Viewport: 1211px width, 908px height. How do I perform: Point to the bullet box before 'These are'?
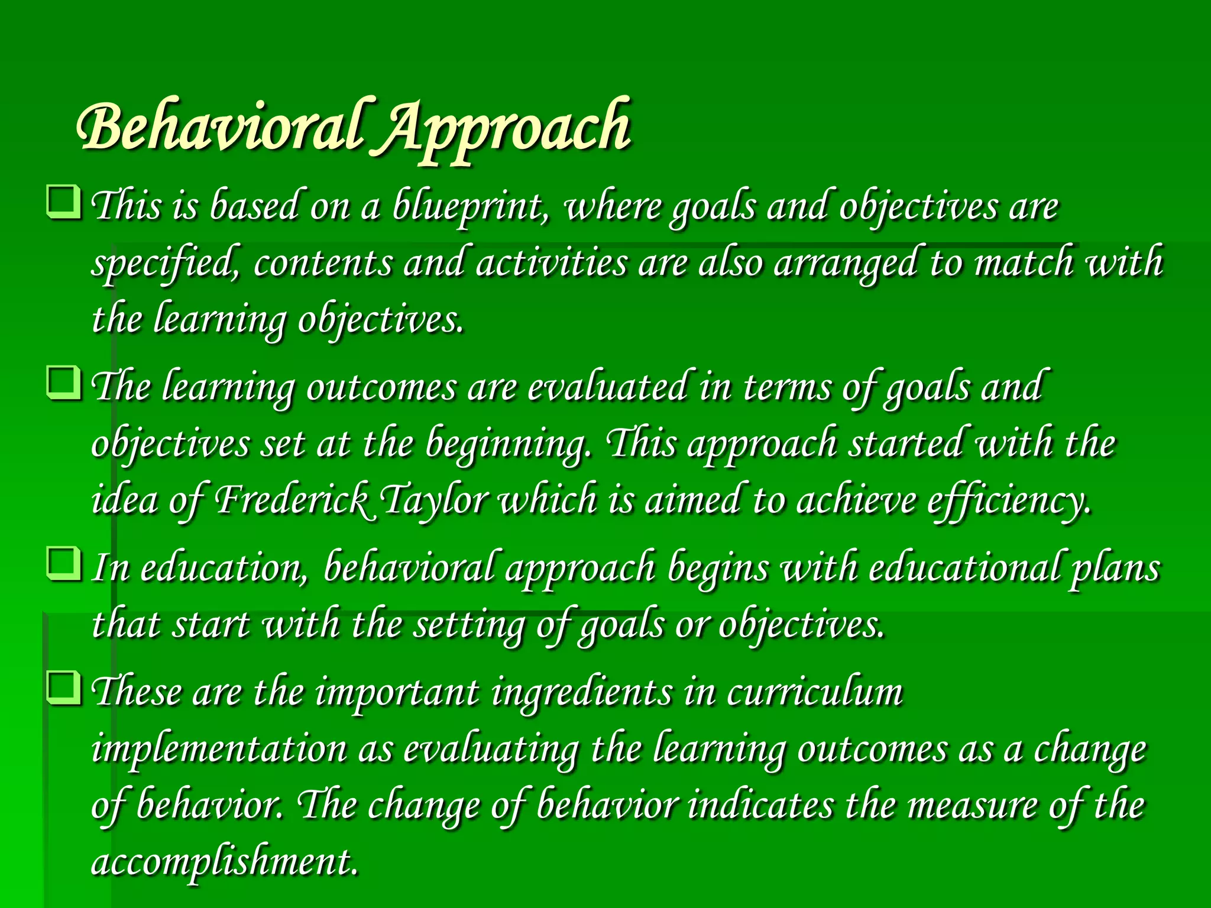[63, 688]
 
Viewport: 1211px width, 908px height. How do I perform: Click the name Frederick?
[292, 500]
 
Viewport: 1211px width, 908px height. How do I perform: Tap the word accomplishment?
[225, 862]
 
